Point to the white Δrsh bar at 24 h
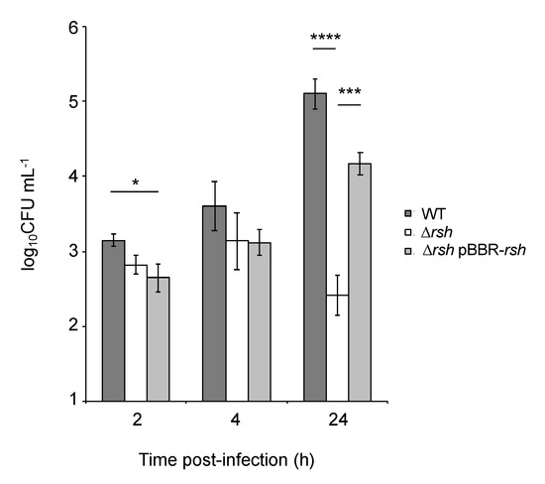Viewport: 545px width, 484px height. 339,348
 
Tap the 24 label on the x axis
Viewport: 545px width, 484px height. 339,422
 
